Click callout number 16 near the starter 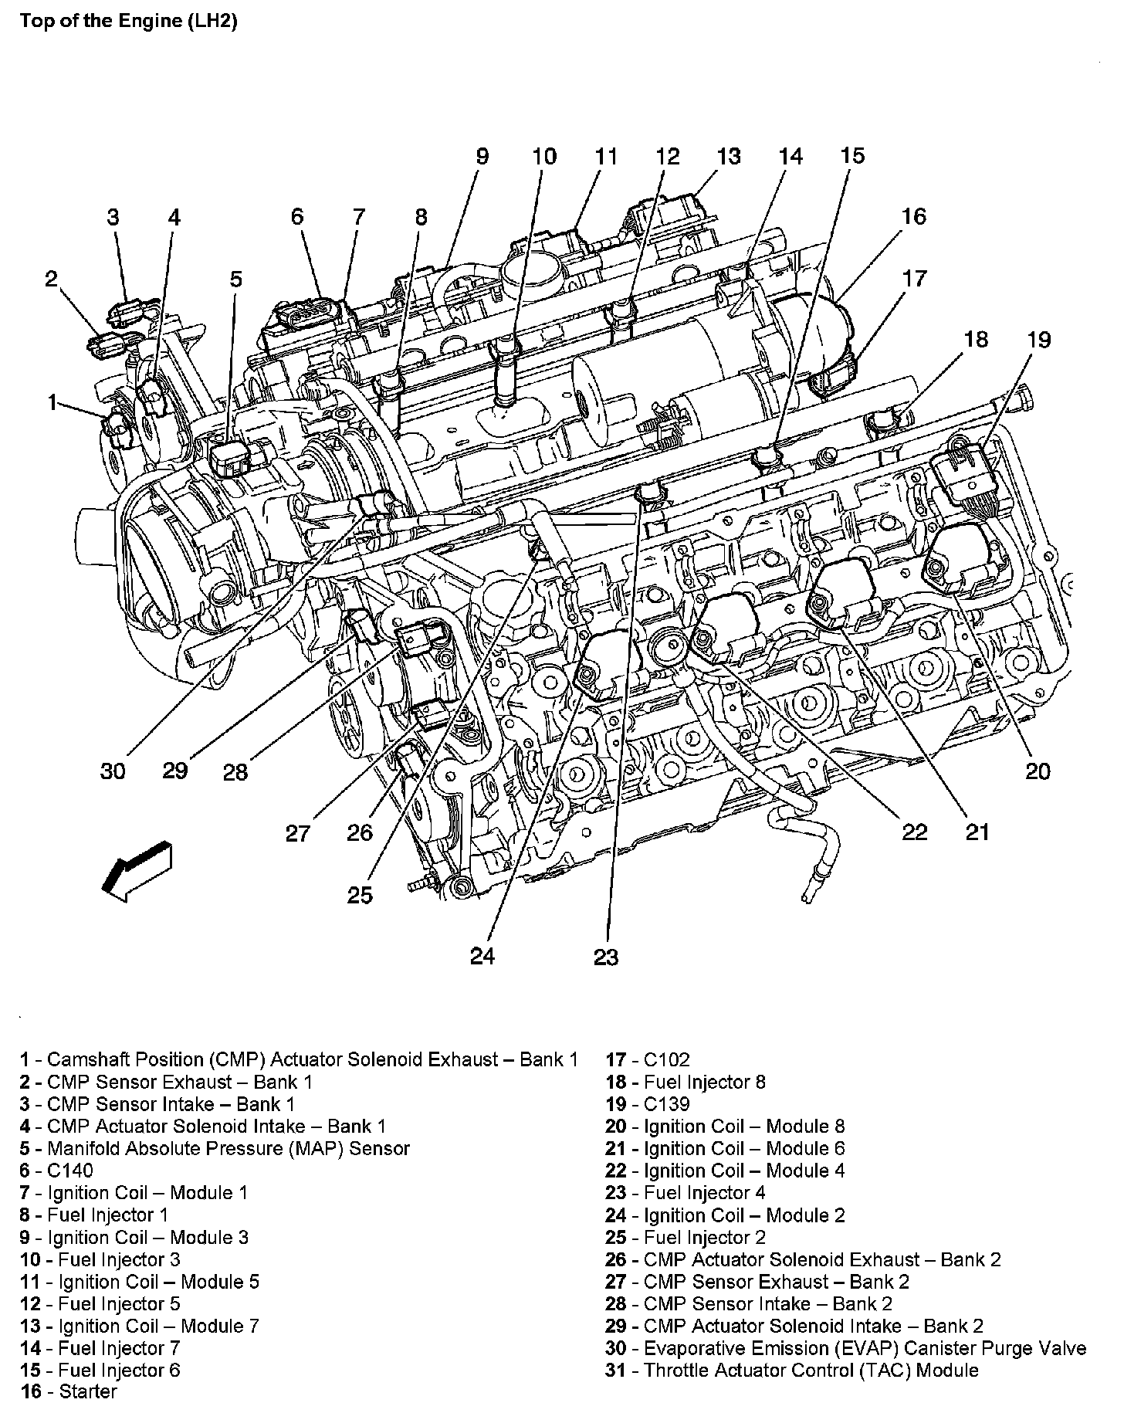(913, 216)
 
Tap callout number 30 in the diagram (113, 771)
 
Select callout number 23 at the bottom (606, 957)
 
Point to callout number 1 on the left (52, 402)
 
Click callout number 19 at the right (1039, 340)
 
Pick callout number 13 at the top (728, 156)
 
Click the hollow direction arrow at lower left (137, 870)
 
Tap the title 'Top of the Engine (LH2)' (128, 21)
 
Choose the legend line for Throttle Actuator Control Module (791, 1371)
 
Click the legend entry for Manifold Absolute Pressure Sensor (215, 1149)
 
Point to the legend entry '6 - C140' (56, 1171)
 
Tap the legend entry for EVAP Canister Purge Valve (845, 1348)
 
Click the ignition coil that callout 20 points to (961, 564)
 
